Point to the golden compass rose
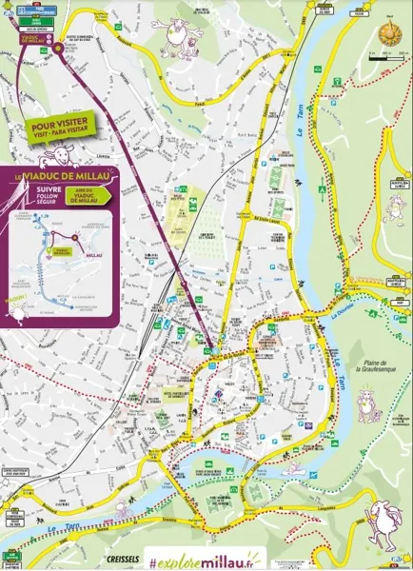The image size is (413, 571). tap(386, 32)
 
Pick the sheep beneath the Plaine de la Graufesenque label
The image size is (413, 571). tap(368, 405)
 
